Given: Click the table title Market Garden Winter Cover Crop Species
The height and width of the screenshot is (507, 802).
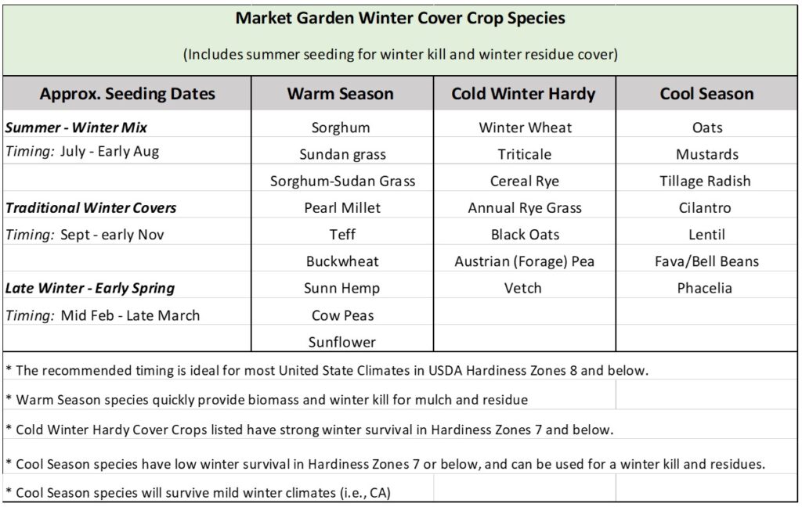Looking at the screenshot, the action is pyautogui.click(x=400, y=19).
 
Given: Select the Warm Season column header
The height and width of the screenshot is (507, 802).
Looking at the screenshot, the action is pyautogui.click(x=340, y=94).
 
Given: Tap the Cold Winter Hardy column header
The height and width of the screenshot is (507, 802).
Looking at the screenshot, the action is pyautogui.click(x=523, y=94).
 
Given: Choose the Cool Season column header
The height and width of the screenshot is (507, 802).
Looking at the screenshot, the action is pyautogui.click(x=706, y=94).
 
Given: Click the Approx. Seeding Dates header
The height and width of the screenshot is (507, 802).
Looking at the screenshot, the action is pyautogui.click(x=128, y=94).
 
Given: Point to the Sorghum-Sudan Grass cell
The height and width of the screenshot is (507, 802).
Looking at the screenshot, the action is pyautogui.click(x=343, y=181).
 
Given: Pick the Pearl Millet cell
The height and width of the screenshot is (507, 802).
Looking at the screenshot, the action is pyautogui.click(x=342, y=207).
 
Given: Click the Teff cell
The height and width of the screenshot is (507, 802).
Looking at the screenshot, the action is pyautogui.click(x=342, y=234).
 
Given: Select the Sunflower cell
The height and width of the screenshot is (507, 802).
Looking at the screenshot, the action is pyautogui.click(x=341, y=342).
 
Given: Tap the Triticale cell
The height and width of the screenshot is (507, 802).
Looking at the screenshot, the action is pyautogui.click(x=524, y=154).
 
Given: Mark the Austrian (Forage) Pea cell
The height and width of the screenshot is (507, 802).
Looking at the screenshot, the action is pyautogui.click(x=524, y=261).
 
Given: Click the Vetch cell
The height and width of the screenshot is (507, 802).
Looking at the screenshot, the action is pyautogui.click(x=522, y=288).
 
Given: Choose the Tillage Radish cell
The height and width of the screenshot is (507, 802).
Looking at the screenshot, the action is pyautogui.click(x=705, y=181).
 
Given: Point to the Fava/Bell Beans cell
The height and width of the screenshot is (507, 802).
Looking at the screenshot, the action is pyautogui.click(x=706, y=261).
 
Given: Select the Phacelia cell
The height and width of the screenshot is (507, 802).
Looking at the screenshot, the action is pyautogui.click(x=704, y=288).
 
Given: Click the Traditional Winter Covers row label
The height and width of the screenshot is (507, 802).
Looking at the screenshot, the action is pyautogui.click(x=91, y=207).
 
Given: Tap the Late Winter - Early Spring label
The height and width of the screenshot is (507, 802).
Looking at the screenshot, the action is pyautogui.click(x=90, y=288).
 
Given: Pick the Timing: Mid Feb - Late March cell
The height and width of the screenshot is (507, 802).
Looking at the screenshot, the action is pyautogui.click(x=103, y=315).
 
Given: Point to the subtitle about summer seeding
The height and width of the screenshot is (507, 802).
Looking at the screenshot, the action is pyautogui.click(x=400, y=54).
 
